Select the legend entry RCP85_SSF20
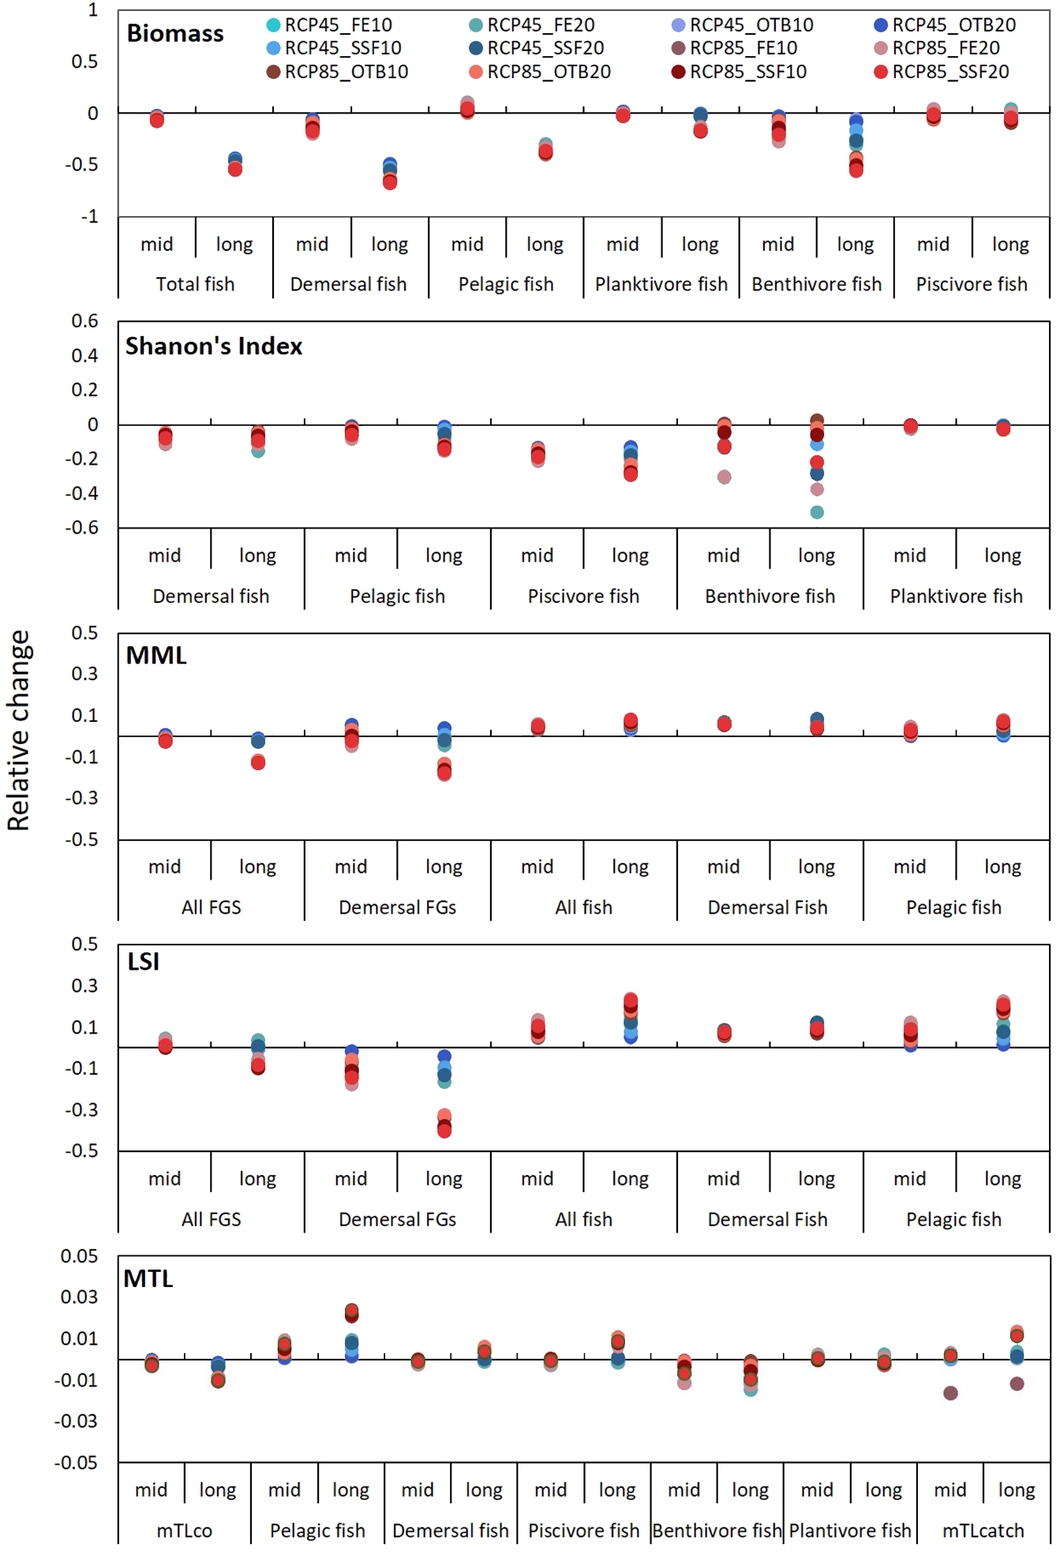click(942, 72)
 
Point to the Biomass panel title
click(175, 33)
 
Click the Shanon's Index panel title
click(214, 346)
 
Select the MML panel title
click(156, 655)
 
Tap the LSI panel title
click(144, 961)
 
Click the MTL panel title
click(148, 1278)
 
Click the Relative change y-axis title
click(18, 730)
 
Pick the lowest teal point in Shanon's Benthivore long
click(817, 512)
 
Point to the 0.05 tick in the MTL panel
click(79, 1255)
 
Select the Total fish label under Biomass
click(195, 284)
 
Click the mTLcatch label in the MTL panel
click(983, 1531)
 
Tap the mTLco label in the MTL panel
click(184, 1531)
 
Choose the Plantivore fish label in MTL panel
click(850, 1531)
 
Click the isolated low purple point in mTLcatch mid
click(950, 1393)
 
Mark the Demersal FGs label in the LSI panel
click(397, 1219)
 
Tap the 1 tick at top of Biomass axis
click(93, 9)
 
